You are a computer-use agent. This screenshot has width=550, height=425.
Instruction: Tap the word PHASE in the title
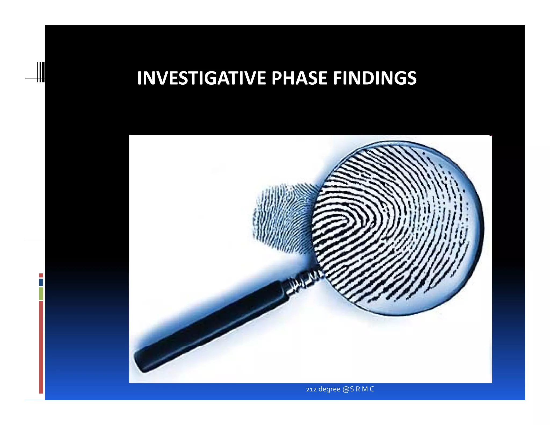(299, 78)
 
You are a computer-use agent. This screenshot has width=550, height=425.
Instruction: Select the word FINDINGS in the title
(375, 78)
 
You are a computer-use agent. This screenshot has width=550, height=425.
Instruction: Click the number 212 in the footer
(311, 389)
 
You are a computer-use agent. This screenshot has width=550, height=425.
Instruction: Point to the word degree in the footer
(329, 389)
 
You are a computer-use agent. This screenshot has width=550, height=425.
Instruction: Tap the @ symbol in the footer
(346, 389)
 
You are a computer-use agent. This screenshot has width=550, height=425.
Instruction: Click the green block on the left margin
(41, 293)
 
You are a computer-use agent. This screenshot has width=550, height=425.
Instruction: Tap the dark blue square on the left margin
(41, 282)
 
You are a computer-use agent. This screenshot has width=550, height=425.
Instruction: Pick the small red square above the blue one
(41, 275)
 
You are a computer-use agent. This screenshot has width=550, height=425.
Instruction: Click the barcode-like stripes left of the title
(41, 72)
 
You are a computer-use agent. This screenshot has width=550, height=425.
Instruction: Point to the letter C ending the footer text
(372, 389)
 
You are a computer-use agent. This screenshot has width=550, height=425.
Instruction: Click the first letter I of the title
(139, 78)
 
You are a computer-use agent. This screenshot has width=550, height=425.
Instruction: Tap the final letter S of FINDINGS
(411, 78)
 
